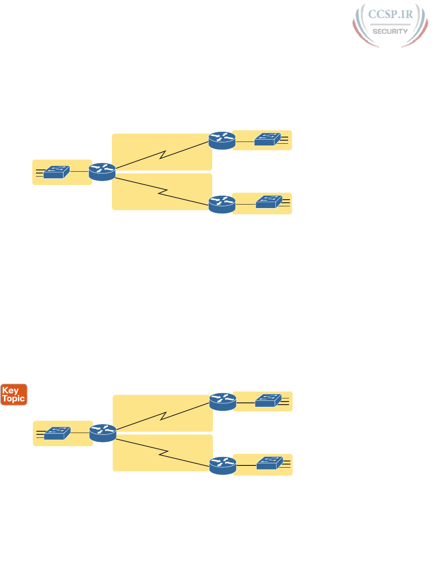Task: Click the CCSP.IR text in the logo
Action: pyautogui.click(x=390, y=14)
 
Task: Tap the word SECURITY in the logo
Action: pyautogui.click(x=390, y=32)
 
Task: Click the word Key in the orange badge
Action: pyautogui.click(x=10, y=390)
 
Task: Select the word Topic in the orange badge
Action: pyautogui.click(x=13, y=398)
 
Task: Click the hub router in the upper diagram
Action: pyautogui.click(x=102, y=172)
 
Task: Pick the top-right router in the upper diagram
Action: pyautogui.click(x=222, y=140)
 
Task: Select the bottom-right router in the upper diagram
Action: pyautogui.click(x=222, y=205)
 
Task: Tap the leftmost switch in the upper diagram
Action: pyautogui.click(x=56, y=172)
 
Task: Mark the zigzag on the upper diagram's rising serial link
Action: pyautogui.click(x=163, y=155)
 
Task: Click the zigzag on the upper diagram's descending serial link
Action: pyautogui.click(x=163, y=193)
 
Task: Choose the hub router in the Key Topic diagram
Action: pyautogui.click(x=103, y=433)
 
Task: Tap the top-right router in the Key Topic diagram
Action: pyautogui.click(x=223, y=402)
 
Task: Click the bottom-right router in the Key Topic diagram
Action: pyautogui.click(x=223, y=466)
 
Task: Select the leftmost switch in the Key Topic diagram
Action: pyautogui.click(x=57, y=433)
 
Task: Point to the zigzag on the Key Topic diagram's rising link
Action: pyautogui.click(x=164, y=416)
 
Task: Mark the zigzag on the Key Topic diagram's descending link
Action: pyautogui.click(x=164, y=454)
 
